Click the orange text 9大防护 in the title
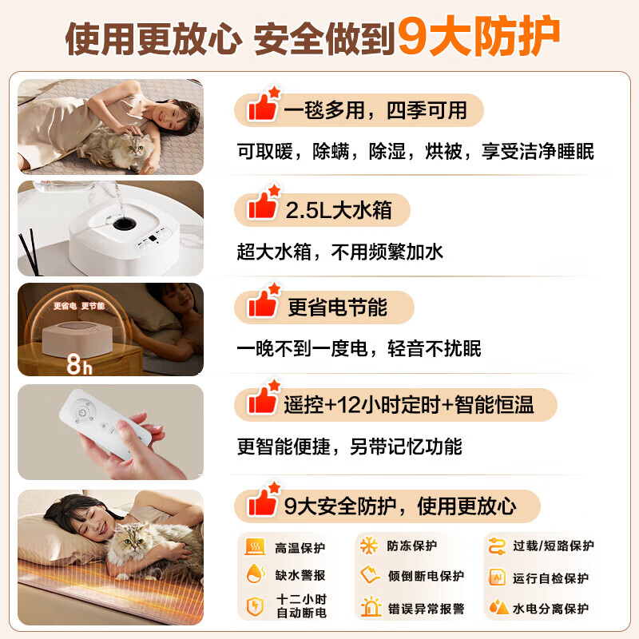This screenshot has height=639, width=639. click(478, 36)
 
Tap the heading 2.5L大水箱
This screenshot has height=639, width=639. click(339, 210)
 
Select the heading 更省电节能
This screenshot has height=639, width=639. click(337, 308)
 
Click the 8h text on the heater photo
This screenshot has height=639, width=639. click(79, 364)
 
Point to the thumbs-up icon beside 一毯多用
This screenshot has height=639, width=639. click(264, 104)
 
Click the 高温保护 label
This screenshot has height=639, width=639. click(300, 548)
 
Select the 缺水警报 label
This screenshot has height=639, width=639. click(300, 575)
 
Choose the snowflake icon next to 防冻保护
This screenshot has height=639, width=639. click(369, 546)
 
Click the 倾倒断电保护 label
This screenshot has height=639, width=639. click(426, 576)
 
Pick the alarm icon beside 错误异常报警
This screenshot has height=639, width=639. click(371, 606)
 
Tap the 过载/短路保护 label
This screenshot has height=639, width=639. click(554, 546)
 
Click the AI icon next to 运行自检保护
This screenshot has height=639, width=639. click(497, 577)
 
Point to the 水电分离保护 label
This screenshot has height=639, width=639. click(550, 609)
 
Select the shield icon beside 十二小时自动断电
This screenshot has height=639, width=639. click(255, 606)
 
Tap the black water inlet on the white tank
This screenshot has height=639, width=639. click(125, 224)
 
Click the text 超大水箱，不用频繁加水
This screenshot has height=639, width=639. click(340, 252)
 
